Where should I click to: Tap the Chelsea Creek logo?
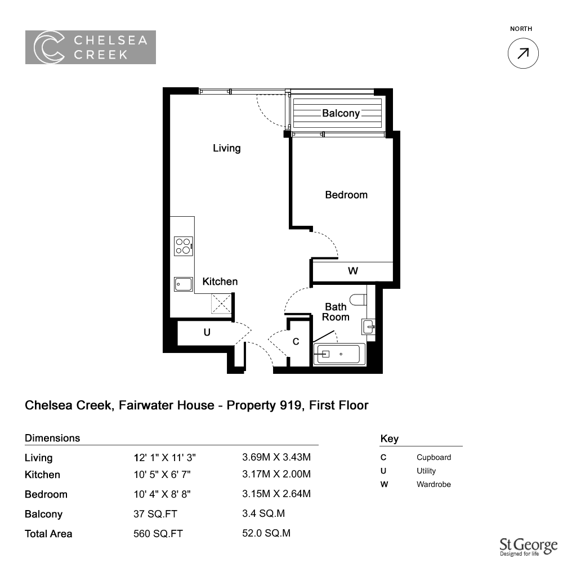pyautogui.click(x=91, y=47)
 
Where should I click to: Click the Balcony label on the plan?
pyautogui.click(x=341, y=113)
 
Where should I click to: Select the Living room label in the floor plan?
pyautogui.click(x=226, y=148)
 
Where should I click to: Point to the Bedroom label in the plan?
pyautogui.click(x=346, y=195)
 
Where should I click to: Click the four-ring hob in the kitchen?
pyautogui.click(x=184, y=247)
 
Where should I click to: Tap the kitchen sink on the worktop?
pyautogui.click(x=184, y=284)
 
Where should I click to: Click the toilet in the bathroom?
pyautogui.click(x=358, y=300)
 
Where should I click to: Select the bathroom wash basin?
pyautogui.click(x=368, y=327)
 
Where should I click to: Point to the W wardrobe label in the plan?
pyautogui.click(x=353, y=271)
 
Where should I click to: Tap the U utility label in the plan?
pyautogui.click(x=207, y=333)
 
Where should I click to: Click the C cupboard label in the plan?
pyautogui.click(x=296, y=342)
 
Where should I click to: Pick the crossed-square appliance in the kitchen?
pyautogui.click(x=221, y=303)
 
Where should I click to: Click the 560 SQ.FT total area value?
pyautogui.click(x=158, y=534)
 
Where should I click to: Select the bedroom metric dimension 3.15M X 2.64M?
pyautogui.click(x=276, y=494)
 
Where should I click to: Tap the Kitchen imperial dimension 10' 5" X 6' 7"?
pyautogui.click(x=162, y=474)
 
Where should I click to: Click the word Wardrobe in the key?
pyautogui.click(x=434, y=484)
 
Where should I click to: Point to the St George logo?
pyautogui.click(x=529, y=547)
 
